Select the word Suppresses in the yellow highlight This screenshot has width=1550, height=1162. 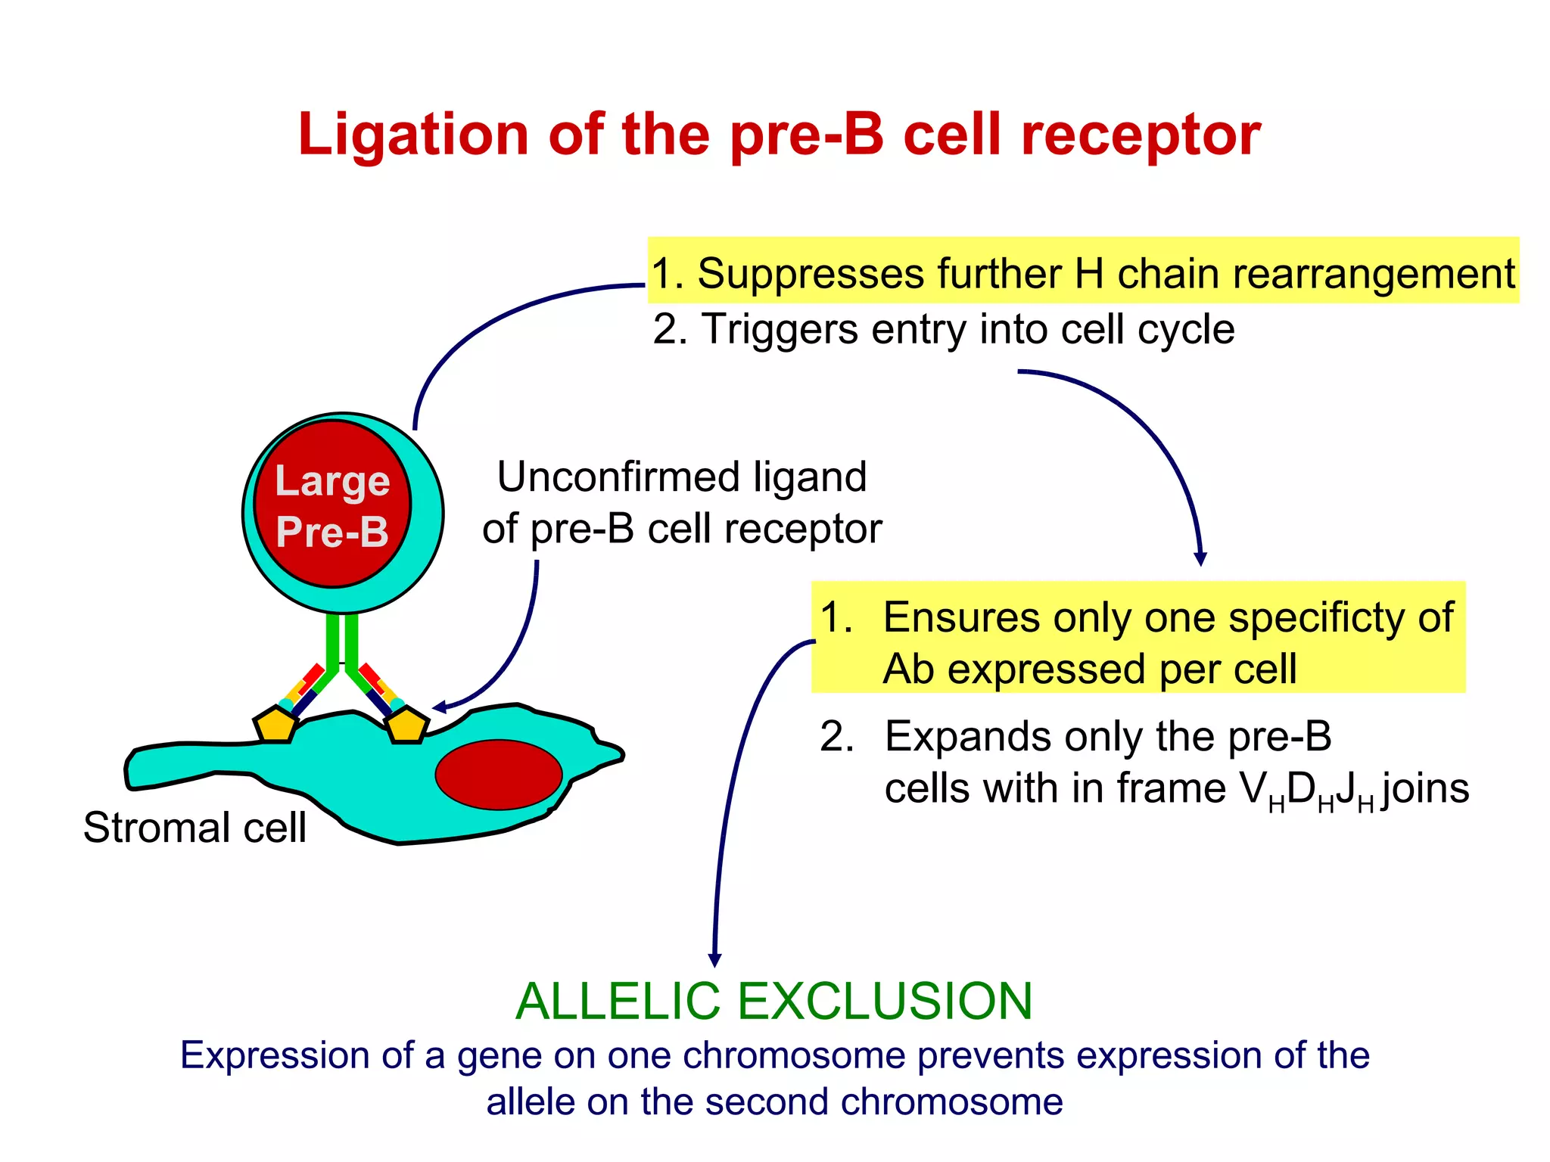point(811,274)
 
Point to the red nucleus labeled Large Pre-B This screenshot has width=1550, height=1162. point(332,504)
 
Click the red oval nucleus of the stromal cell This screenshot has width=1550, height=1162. point(498,775)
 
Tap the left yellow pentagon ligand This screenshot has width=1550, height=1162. point(275,725)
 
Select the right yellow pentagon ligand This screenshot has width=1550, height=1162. point(406,725)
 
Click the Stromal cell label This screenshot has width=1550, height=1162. point(195,828)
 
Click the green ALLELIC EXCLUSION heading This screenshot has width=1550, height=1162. point(773,1002)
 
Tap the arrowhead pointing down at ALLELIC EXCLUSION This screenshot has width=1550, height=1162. point(714,960)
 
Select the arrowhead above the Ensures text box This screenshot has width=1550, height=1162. point(1200,560)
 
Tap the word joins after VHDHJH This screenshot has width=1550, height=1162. point(1425,789)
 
